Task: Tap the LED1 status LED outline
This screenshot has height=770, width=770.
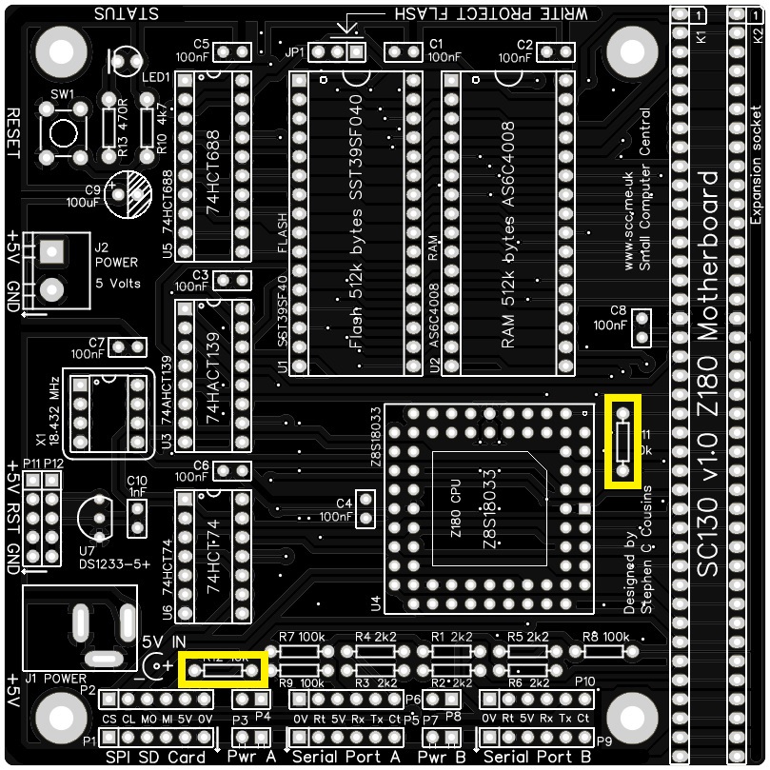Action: (x=125, y=63)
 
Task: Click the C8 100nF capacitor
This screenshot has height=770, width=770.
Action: (x=641, y=327)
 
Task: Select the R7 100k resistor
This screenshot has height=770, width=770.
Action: (x=299, y=652)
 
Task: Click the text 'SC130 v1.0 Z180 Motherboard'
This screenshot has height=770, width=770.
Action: (x=710, y=373)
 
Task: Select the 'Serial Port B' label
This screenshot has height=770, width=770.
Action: (x=538, y=758)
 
